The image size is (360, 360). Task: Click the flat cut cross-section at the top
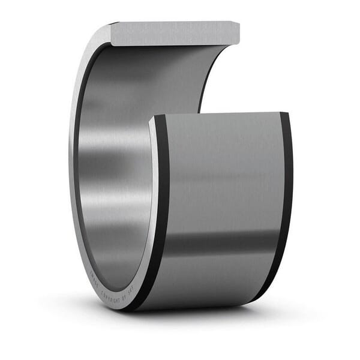[x=174, y=34]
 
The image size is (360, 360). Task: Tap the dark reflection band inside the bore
[x=114, y=162]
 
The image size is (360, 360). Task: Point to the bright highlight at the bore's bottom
[x=120, y=264]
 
